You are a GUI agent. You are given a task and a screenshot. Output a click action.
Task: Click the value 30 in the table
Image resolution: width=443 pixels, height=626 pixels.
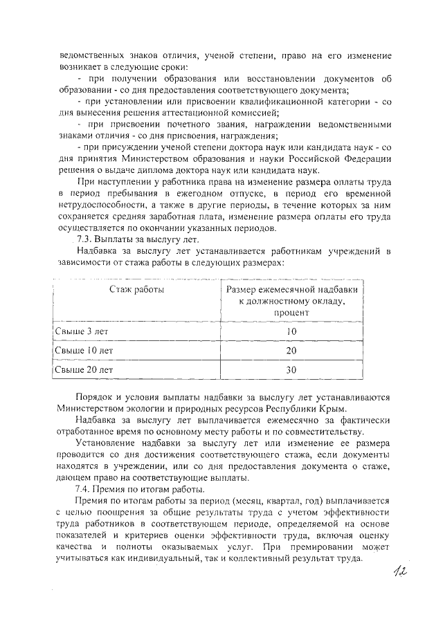coord(291,370)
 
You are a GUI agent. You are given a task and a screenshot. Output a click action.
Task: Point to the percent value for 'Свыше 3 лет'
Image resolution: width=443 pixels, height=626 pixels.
coord(291,332)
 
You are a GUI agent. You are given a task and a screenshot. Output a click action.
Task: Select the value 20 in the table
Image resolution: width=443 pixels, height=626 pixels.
coord(291,351)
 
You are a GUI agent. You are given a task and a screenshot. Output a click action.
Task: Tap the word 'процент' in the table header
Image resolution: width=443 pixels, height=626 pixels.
coord(291,312)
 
